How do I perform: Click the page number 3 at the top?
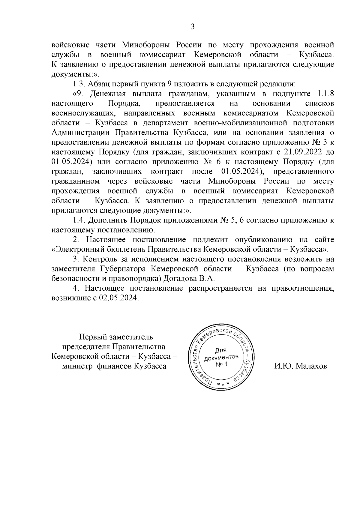(193, 27)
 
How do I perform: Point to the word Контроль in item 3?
(101, 259)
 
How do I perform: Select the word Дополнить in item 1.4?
(107, 220)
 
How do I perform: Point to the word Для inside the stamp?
(221, 350)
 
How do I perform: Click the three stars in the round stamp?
(223, 385)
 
